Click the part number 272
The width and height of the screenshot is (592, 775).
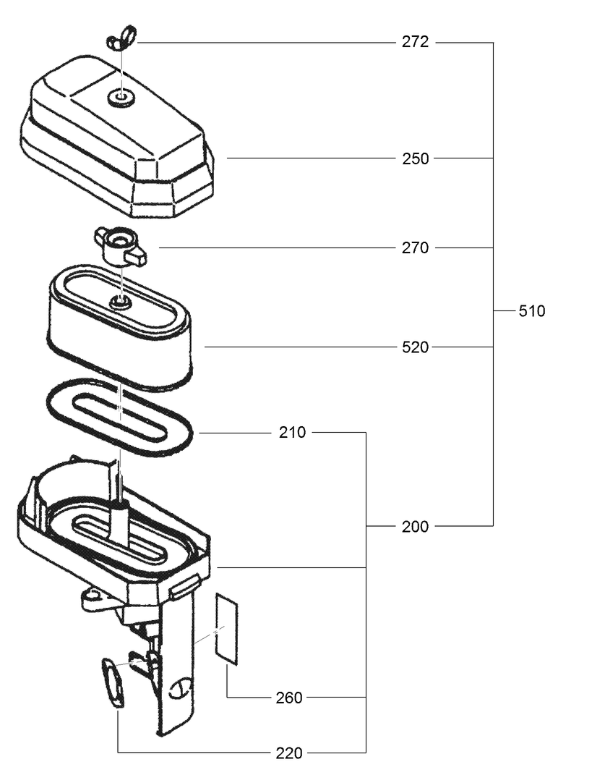click(415, 42)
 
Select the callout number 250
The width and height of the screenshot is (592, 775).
click(415, 158)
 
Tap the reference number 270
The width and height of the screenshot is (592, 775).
click(415, 248)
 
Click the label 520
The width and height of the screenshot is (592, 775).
click(415, 347)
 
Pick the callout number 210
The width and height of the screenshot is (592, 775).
click(292, 433)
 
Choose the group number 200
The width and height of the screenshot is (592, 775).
click(415, 527)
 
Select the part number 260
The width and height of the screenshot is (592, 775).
click(289, 698)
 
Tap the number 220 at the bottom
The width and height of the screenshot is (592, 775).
click(289, 753)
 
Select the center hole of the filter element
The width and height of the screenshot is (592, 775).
click(121, 302)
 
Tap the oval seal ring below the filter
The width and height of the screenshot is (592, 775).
click(120, 415)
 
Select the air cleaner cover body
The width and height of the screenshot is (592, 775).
click(116, 145)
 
